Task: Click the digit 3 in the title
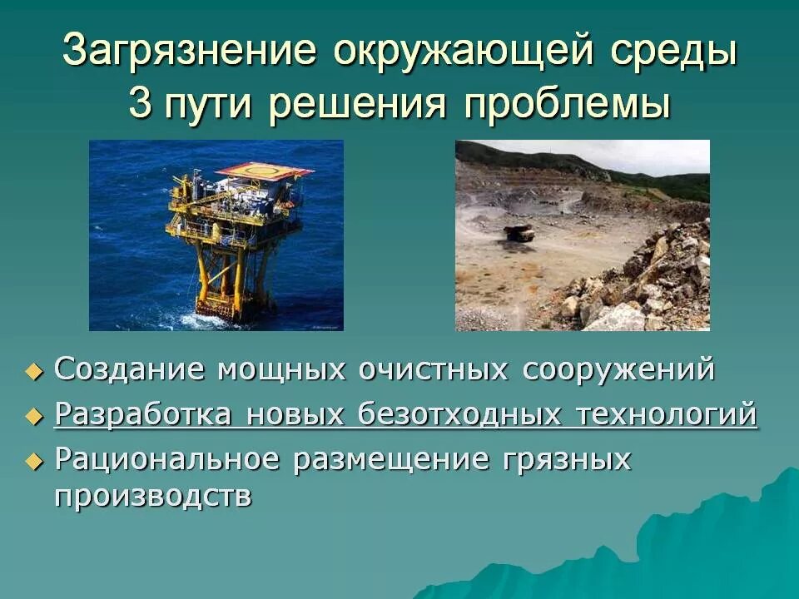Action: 140,105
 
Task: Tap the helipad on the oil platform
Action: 264,171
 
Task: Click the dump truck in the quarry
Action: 519,234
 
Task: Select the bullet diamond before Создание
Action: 33,372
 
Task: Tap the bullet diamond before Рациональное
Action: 33,460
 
